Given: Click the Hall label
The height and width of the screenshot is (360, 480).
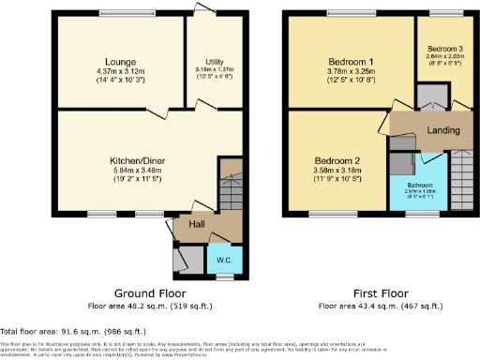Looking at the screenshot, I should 197,224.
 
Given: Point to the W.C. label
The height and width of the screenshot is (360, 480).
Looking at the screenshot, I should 225,260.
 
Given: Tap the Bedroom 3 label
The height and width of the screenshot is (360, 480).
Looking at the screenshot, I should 445,48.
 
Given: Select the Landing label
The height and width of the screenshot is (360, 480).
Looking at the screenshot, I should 443,130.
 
